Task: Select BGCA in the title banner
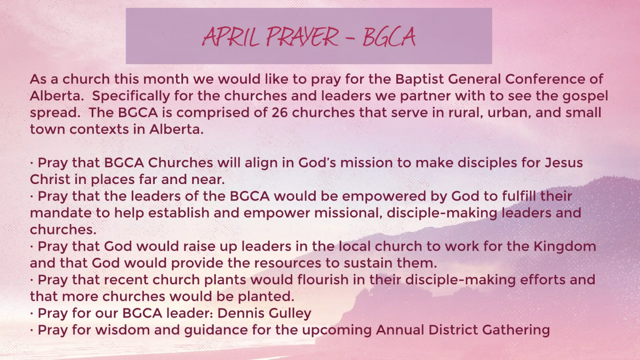(x=389, y=37)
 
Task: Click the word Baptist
(x=419, y=80)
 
